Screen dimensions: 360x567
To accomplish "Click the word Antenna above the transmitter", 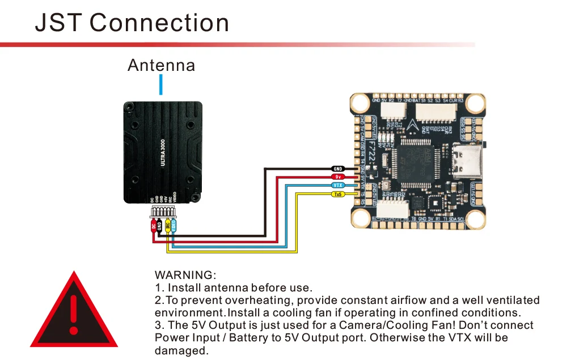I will click(x=161, y=65).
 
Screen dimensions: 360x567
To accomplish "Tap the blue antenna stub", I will click(x=162, y=85).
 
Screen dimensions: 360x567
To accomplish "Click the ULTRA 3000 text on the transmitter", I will click(x=163, y=153).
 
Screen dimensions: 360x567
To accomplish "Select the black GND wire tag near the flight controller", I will click(x=338, y=169).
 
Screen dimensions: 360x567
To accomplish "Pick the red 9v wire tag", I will click(x=338, y=177).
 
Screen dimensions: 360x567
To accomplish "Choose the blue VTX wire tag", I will click(x=338, y=185).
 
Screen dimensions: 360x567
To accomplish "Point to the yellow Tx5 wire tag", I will click(x=338, y=194).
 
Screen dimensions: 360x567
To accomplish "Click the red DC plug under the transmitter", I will click(x=153, y=226).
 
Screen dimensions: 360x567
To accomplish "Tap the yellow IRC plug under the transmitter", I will click(x=167, y=226).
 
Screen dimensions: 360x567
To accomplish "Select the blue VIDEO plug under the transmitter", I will click(x=174, y=226).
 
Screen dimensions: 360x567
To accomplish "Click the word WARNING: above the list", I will click(x=185, y=276).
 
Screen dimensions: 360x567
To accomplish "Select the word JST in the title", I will click(x=58, y=23).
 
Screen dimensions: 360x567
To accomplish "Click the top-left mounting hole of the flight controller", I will click(x=361, y=103).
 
